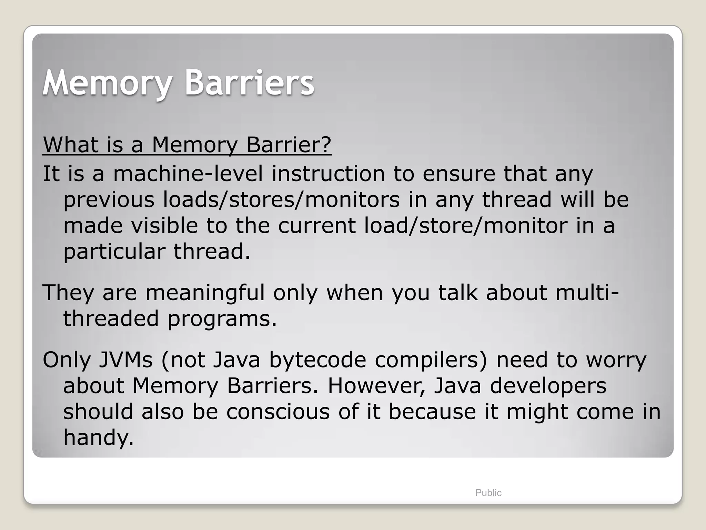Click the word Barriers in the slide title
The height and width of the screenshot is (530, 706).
(249, 83)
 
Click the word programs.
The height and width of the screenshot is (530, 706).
(222, 320)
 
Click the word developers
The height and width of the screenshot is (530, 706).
(548, 386)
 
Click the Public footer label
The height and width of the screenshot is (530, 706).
(488, 493)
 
